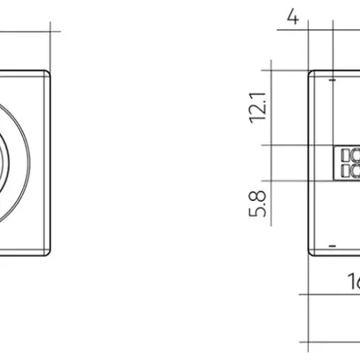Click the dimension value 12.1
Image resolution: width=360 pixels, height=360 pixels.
point(257,106)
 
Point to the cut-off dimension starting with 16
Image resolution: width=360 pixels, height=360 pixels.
point(353,281)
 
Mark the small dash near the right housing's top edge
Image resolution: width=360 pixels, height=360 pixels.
point(332,80)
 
